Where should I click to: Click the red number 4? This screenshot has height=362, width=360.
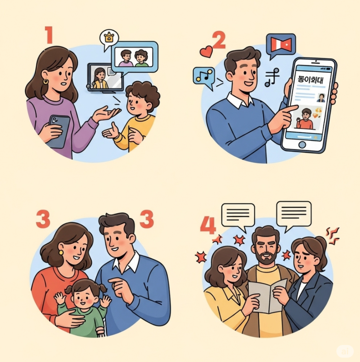[208, 225]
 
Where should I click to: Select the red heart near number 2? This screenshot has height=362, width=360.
[206, 51]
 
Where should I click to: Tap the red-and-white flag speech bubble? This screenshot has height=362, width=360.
[280, 45]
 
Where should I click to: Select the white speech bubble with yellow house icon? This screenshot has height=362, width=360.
[109, 39]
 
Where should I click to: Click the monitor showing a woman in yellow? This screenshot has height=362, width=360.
[105, 77]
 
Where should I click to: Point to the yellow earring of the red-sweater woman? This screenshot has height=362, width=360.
[61, 252]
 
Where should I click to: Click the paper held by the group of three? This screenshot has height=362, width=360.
[268, 296]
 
